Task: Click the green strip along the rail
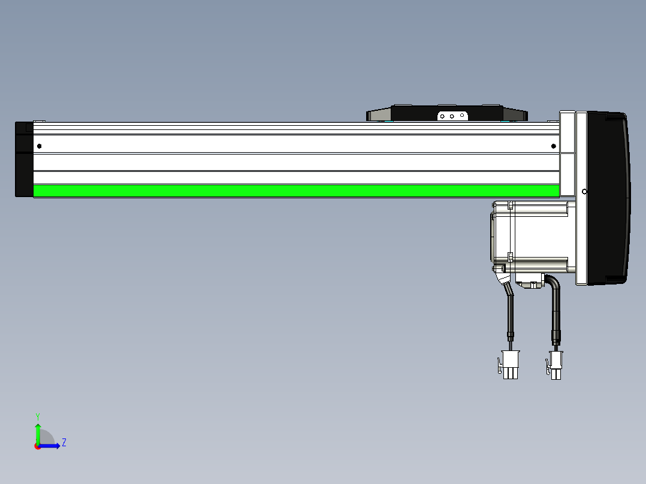[296, 190]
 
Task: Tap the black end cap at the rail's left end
[25, 159]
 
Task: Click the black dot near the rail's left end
[39, 146]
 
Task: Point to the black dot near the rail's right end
[553, 146]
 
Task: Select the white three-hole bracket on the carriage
[452, 116]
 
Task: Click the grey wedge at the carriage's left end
[379, 114]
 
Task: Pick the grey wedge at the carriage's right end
[515, 114]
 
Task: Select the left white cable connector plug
[510, 365]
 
